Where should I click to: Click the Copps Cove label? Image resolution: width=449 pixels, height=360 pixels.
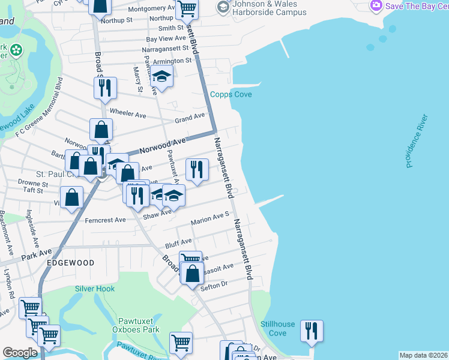(231, 95)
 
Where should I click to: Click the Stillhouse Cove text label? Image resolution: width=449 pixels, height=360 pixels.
(277, 328)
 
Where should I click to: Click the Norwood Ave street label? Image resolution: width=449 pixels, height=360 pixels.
(163, 145)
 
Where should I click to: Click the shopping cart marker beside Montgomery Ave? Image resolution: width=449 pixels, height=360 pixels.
(187, 8)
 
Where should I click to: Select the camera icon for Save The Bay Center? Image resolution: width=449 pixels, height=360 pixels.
(376, 5)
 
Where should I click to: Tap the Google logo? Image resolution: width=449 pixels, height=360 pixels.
(20, 353)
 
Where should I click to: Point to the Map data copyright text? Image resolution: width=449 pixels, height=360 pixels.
(423, 355)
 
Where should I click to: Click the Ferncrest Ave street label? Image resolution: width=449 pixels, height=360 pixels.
(105, 220)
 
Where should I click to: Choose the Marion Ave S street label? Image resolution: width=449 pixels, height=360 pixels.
(210, 218)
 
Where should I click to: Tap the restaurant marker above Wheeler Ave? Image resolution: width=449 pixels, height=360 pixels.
(104, 88)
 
